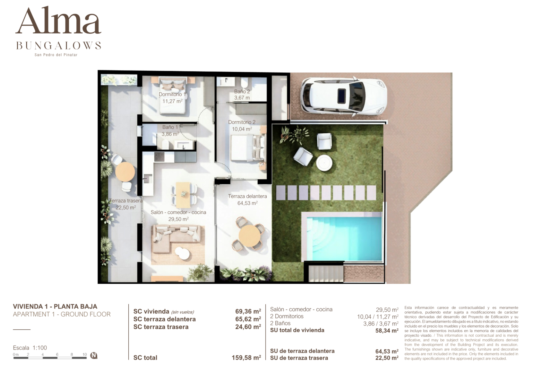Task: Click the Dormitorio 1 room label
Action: point(172,94)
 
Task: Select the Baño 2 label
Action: point(242,92)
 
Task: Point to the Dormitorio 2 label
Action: point(242,122)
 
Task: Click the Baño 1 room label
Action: point(170,127)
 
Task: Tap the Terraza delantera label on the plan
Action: point(247,196)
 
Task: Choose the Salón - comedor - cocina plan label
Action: point(178,212)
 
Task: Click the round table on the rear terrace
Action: point(125,171)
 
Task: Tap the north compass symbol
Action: point(94,355)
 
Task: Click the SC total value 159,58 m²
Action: point(246,358)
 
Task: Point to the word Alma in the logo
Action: point(58,21)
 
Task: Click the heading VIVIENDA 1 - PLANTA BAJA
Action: point(55,306)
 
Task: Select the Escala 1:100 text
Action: point(30,348)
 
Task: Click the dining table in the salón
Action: point(183,194)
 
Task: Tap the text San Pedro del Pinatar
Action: point(56,55)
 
